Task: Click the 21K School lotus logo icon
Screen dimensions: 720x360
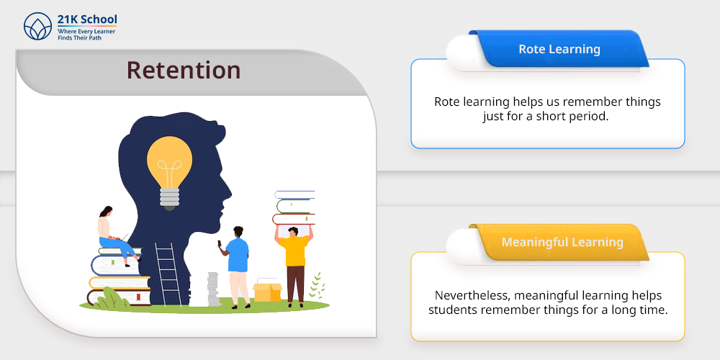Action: (x=37, y=26)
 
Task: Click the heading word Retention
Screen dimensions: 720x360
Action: (x=184, y=71)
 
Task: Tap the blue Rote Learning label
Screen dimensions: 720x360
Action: (x=559, y=49)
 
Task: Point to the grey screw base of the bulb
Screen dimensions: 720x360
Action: (x=169, y=199)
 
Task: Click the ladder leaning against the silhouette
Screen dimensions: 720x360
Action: (x=168, y=274)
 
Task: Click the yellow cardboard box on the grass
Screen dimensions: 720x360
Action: (x=267, y=292)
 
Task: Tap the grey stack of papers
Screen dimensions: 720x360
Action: (x=213, y=289)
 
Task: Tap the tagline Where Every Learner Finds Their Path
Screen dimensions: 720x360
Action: (x=86, y=35)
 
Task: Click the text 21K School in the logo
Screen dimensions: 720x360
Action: (x=87, y=19)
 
